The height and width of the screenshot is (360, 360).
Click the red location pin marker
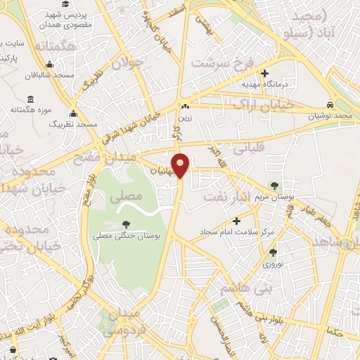pos(181,165)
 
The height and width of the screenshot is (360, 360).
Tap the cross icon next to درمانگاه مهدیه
pos(264,72)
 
